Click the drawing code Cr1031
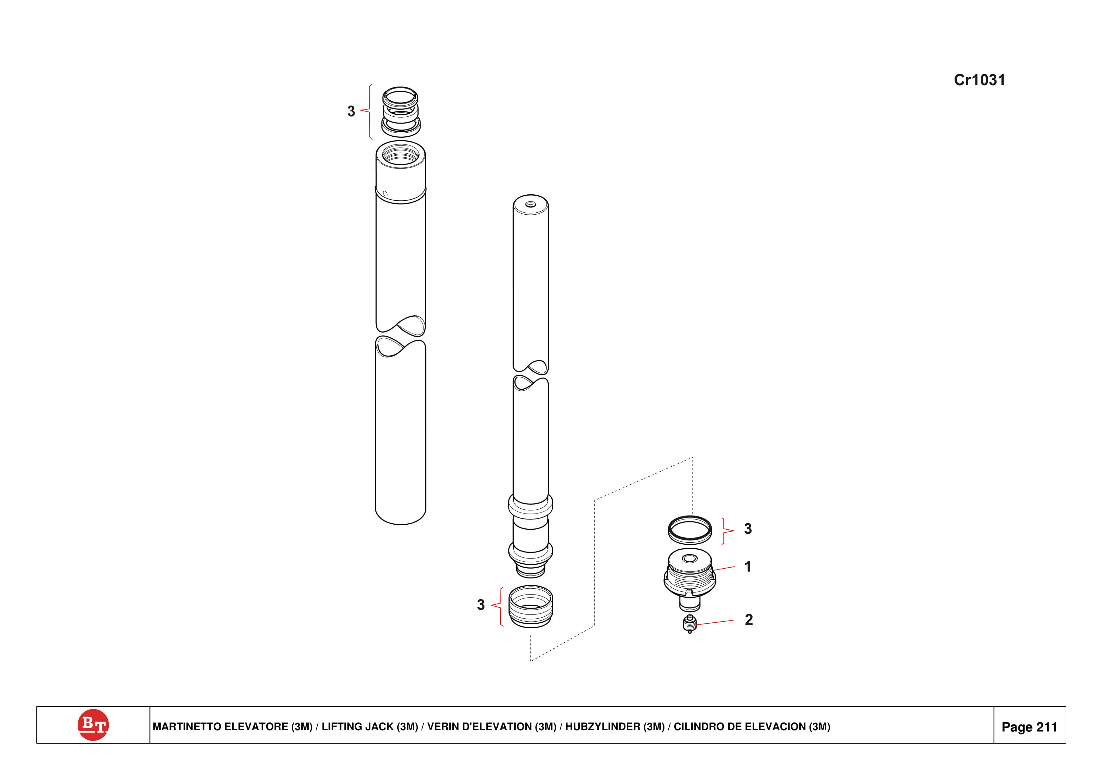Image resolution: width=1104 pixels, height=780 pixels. tap(979, 80)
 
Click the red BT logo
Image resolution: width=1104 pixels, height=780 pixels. tap(93, 724)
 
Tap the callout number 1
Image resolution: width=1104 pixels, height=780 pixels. tap(747, 567)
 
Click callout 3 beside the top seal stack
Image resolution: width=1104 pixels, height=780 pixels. tap(351, 111)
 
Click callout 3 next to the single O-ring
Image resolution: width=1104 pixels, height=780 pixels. tap(748, 529)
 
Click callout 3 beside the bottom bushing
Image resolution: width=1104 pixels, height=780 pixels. tap(480, 605)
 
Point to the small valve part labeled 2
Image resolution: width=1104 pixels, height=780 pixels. tap(690, 624)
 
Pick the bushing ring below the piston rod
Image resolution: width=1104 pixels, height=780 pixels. tap(530, 607)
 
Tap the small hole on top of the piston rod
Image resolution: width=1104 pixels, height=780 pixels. tap(530, 205)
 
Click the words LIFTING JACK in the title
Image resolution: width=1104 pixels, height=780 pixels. tap(369, 727)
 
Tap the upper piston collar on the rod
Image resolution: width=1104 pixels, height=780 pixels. tap(530, 506)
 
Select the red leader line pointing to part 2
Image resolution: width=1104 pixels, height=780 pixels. tap(715, 622)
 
